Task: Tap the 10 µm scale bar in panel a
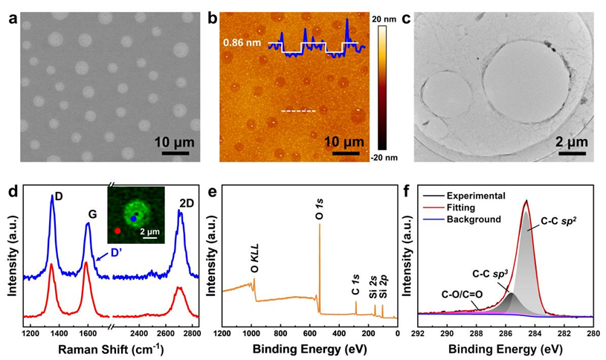pos(174,152)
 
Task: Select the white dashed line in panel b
pos(298,112)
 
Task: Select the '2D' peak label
pos(180,201)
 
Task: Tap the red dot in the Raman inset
pos(117,231)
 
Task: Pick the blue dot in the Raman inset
pos(133,219)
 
